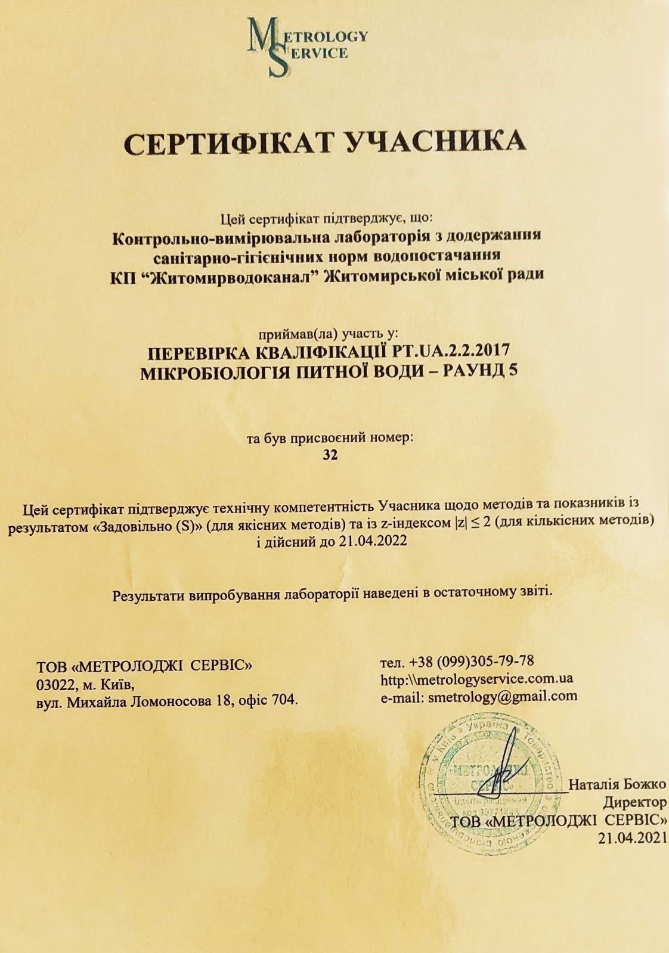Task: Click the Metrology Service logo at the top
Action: point(307,46)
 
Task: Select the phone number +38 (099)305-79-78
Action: point(472,662)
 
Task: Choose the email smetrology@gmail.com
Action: point(503,696)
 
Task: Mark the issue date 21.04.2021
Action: point(631,837)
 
